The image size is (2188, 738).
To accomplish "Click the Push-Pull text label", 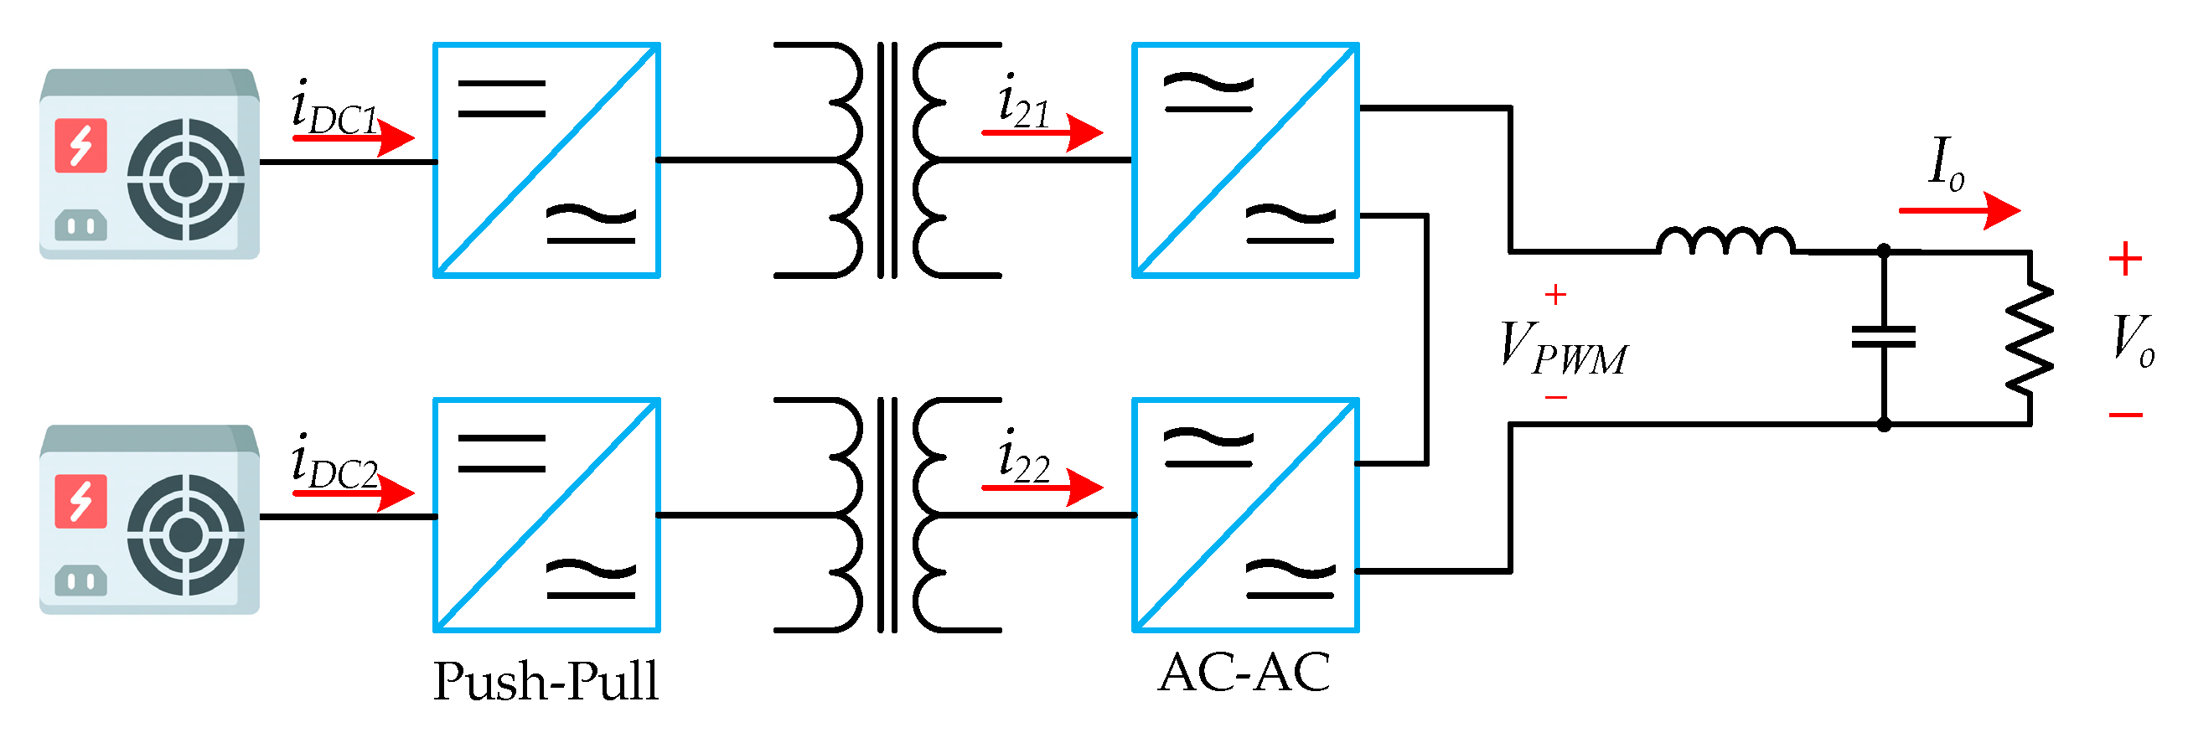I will point(546,681).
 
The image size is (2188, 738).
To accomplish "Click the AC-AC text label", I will point(1244,673).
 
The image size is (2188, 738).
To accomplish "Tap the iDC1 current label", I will point(333,109).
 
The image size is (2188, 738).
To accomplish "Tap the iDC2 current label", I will point(333,464).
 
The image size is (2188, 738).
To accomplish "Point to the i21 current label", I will point(1023,102).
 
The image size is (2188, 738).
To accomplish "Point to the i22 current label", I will point(1023,457).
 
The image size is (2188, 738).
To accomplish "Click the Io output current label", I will point(1945,163).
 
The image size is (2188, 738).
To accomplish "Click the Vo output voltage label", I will point(2132,340).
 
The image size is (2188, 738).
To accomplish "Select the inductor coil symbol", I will point(1726,241).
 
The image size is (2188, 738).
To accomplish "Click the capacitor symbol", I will point(1883,337).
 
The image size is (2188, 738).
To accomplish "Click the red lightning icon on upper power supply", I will point(80,145).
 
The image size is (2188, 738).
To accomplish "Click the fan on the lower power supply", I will point(185,535).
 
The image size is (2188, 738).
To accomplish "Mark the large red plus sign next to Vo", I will point(2125,259).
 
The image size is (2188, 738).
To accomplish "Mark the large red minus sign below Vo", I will point(2125,415).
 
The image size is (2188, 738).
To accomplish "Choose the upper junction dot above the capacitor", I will point(1883,250).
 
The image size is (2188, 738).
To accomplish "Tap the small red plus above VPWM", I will point(1555,295).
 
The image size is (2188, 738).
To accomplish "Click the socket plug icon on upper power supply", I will point(80,225).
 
